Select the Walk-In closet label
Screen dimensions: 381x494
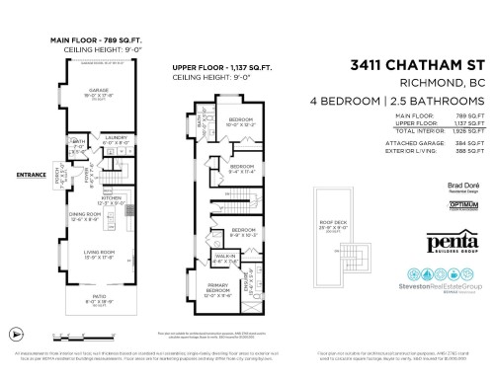223,255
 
